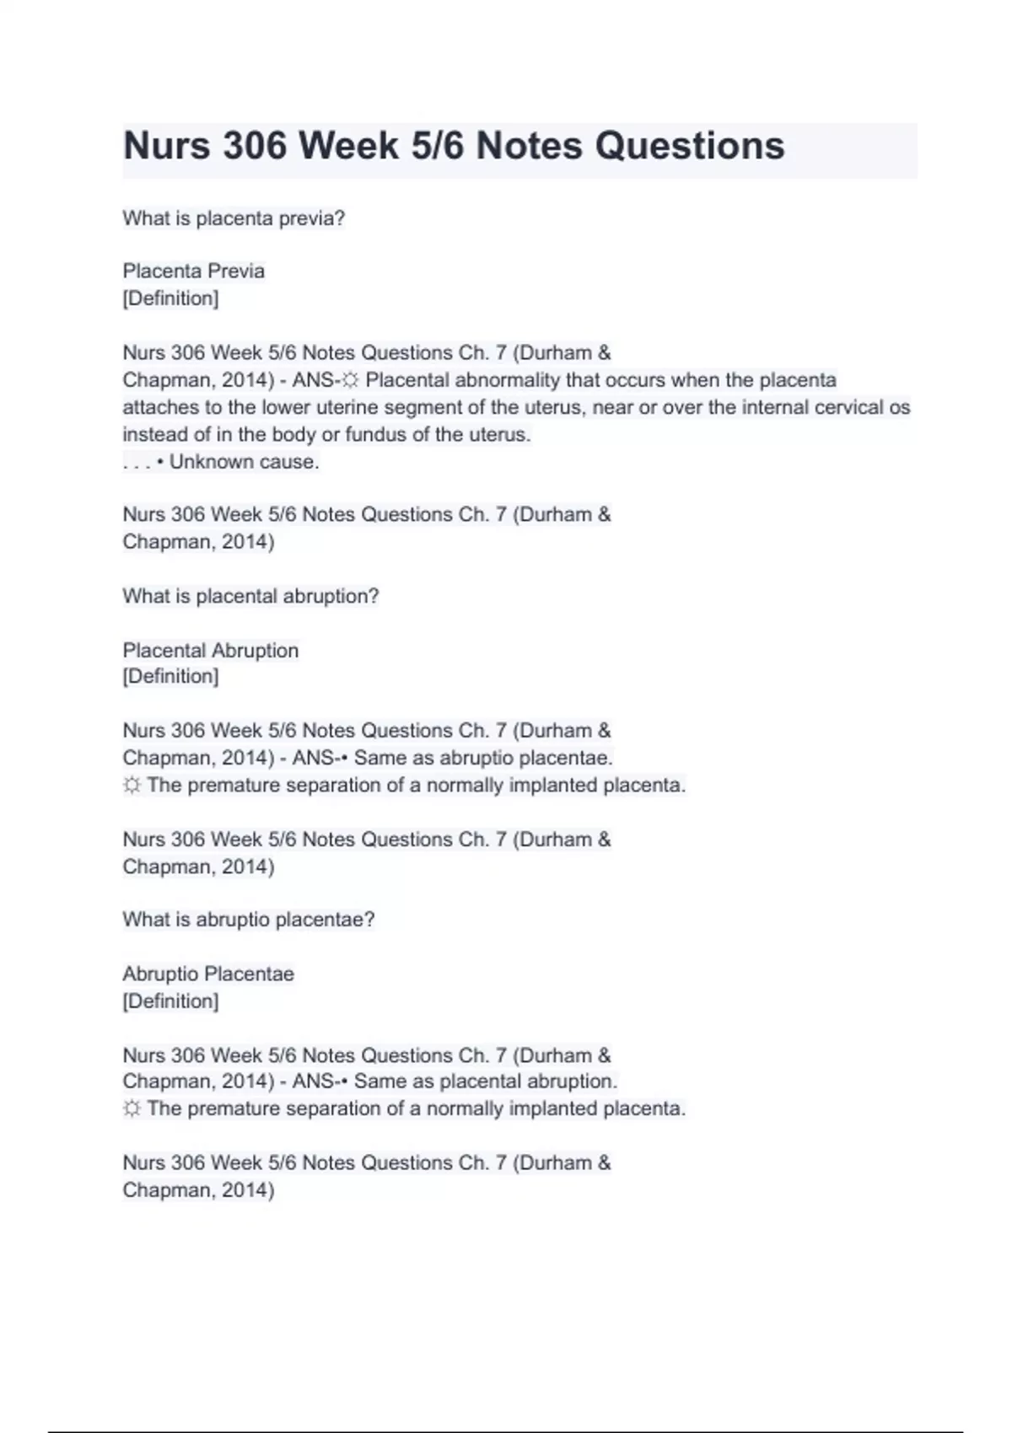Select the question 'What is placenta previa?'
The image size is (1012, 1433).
(234, 218)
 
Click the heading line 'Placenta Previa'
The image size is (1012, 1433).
(193, 271)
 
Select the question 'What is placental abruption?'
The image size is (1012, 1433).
(250, 596)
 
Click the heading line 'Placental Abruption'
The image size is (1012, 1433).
(210, 651)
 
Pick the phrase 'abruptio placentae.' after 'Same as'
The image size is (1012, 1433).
(526, 758)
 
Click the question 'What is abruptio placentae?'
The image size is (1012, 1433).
(248, 920)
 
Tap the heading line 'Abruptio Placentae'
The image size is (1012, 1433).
(208, 974)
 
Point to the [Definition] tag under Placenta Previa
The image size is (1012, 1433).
(170, 298)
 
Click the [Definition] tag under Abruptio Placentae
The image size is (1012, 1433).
(170, 1001)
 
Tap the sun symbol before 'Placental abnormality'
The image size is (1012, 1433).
(350, 381)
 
